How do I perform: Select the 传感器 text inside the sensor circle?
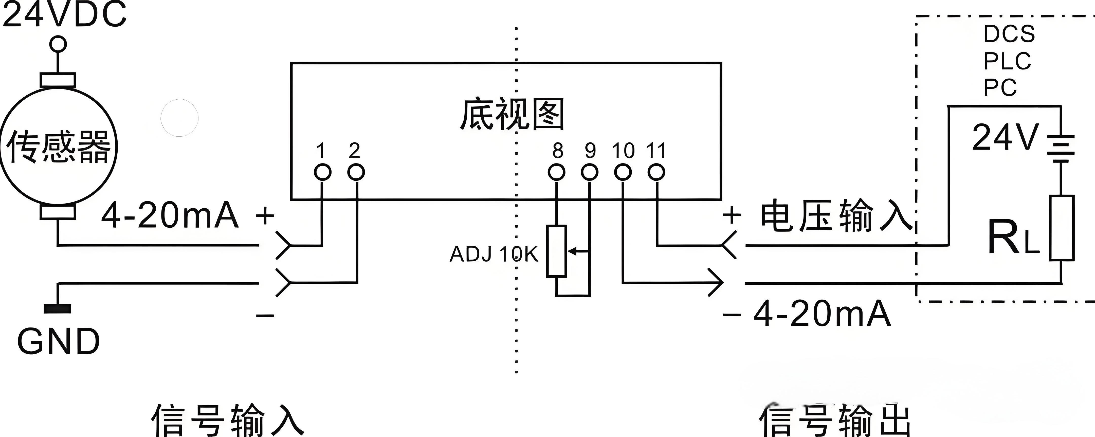(x=58, y=147)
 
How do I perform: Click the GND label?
(x=58, y=342)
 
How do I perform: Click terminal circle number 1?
(x=322, y=172)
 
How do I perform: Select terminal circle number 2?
(x=356, y=172)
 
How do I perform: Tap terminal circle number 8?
(x=556, y=172)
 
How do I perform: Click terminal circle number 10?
(x=623, y=172)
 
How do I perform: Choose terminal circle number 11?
(x=656, y=172)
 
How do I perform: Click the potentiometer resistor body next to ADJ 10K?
(x=556, y=251)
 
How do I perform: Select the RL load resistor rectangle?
(x=1062, y=228)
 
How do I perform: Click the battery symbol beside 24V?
(x=1061, y=149)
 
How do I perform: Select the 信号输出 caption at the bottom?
(x=835, y=421)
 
